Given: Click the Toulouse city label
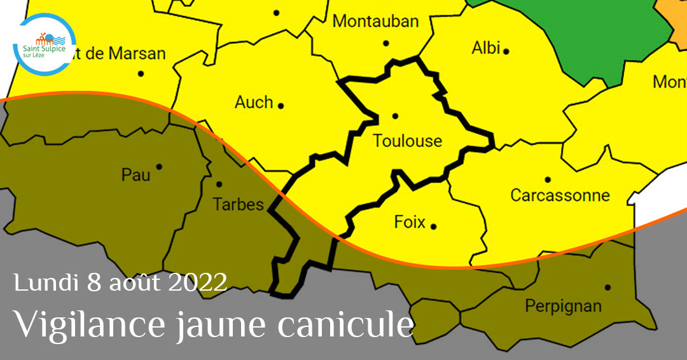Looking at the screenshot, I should point(407,141).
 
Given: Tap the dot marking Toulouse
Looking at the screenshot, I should point(395,116).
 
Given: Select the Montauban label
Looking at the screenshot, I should point(376,21).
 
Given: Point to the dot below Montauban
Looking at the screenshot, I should point(385,43).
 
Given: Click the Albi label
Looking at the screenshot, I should point(486,48).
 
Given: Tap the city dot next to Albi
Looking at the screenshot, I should point(506,51).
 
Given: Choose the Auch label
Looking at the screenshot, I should point(254,102).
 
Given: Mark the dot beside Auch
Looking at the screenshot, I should point(281,106).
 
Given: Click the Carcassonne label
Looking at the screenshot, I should point(560,195).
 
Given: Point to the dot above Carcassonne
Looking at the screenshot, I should point(547,179).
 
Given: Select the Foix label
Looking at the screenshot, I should point(410,222).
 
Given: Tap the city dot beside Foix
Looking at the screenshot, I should point(433,226).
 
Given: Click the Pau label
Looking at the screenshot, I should point(136,174).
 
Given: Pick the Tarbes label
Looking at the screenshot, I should point(238,205).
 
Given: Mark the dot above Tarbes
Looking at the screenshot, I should point(219,184).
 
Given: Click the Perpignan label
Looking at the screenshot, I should point(563,307).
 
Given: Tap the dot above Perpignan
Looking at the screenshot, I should point(607,287).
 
